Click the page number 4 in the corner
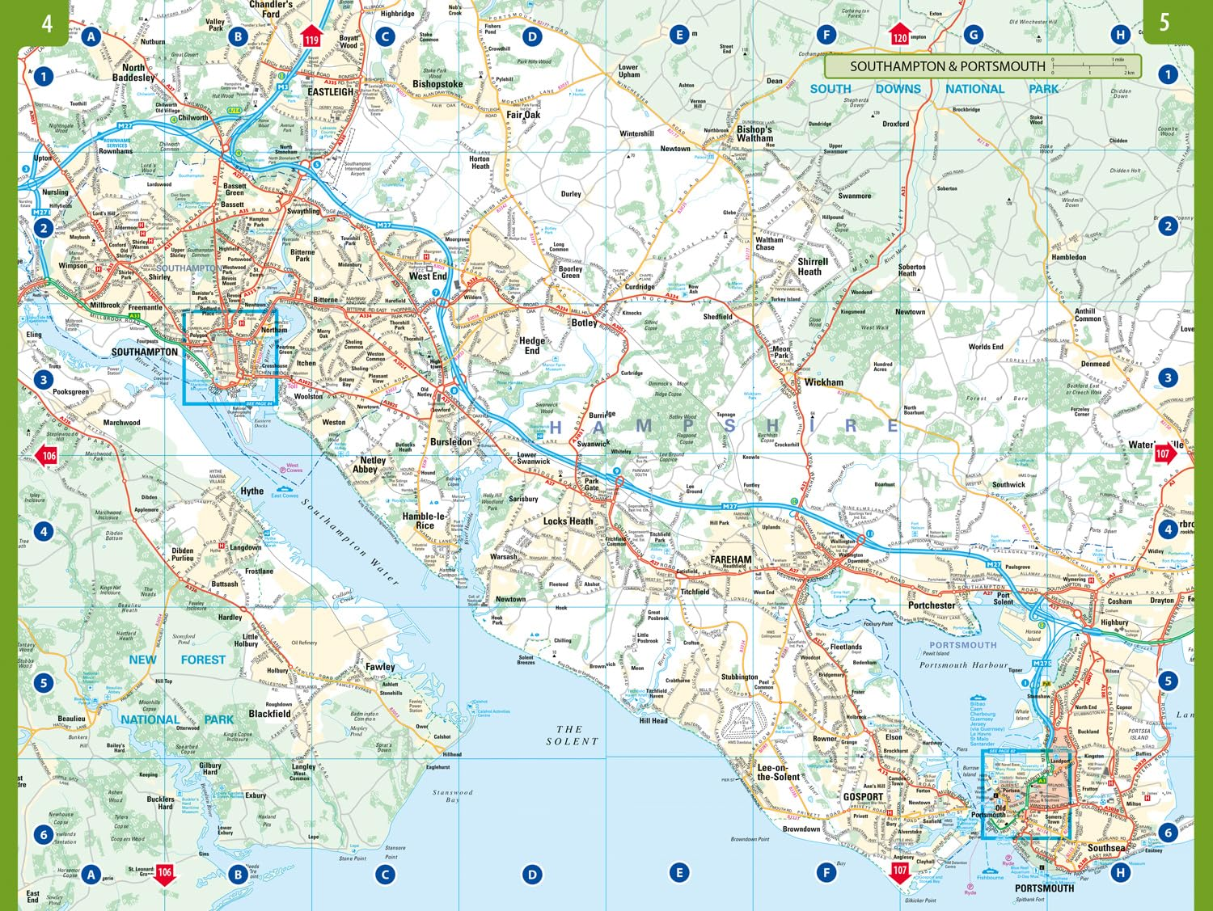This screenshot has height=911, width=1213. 47,23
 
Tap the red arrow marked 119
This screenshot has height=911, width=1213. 311,37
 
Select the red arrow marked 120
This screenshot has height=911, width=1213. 899,36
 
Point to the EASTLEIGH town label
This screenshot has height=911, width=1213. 331,92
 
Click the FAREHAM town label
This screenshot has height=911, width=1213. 730,559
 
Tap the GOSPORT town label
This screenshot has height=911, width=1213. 863,797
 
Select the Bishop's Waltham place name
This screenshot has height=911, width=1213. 754,133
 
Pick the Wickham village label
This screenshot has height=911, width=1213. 823,382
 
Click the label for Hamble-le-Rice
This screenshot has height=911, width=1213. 425,521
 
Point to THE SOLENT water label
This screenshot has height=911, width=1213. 571,735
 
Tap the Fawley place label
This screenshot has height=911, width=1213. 380,667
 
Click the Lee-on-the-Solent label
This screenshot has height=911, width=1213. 778,773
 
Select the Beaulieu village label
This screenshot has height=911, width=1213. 71,719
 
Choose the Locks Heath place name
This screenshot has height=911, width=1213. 568,521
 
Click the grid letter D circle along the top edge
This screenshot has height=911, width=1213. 531,36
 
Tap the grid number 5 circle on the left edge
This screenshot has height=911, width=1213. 44,682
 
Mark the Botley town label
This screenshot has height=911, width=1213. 584,323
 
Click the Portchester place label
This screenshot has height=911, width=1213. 932,605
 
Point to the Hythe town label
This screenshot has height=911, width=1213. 251,491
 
